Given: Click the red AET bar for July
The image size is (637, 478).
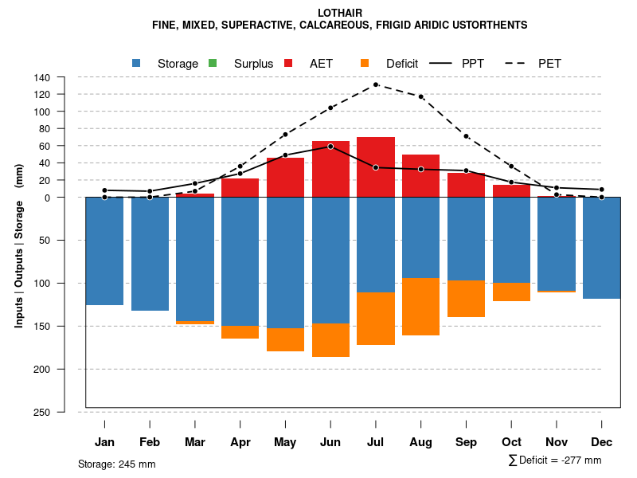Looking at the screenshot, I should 376,167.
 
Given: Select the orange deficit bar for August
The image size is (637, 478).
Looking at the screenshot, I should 421,307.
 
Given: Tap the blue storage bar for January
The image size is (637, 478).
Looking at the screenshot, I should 104,251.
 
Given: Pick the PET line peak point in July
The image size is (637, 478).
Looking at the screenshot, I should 376,84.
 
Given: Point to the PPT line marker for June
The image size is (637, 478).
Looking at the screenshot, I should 330,147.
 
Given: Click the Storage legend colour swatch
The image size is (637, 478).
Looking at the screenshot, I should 137,63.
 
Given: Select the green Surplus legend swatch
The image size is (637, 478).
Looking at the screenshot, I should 212,63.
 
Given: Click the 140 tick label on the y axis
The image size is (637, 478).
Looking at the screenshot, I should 42,77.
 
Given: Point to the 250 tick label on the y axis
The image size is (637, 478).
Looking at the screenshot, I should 42,412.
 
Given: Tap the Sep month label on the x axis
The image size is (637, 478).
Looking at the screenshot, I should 466,442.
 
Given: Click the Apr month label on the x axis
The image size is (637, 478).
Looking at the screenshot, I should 240,442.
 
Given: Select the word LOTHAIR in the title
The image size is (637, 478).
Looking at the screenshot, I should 340,14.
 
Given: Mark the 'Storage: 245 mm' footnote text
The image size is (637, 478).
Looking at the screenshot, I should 116,464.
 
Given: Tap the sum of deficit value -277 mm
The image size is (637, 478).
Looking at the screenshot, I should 580,460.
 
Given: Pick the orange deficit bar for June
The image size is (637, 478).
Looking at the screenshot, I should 330,340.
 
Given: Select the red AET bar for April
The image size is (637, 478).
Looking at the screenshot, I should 240,187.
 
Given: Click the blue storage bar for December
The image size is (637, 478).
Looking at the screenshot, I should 602,248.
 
